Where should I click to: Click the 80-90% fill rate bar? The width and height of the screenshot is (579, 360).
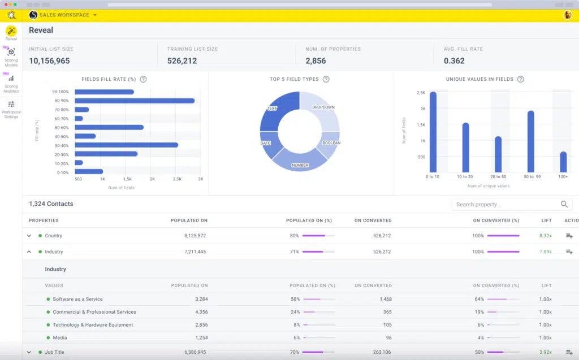[x=135, y=101]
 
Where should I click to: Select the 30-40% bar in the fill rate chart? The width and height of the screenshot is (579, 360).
[x=126, y=145]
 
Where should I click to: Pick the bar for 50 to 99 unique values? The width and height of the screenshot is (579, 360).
[x=531, y=141]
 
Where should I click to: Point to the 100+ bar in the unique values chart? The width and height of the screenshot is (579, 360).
[x=563, y=162]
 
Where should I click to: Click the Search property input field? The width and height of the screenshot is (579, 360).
[x=503, y=204]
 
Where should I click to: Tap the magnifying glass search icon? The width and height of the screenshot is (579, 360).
[x=564, y=204]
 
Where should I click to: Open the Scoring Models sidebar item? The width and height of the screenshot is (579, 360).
[x=11, y=56]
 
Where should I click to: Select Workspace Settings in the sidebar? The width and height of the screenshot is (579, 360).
[x=11, y=109]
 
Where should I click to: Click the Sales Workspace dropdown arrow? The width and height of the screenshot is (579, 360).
[x=95, y=15]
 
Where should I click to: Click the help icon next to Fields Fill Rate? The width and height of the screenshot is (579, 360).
[x=143, y=79]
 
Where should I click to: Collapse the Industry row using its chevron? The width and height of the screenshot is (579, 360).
[x=29, y=251]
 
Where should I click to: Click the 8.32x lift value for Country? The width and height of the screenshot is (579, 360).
[x=545, y=236]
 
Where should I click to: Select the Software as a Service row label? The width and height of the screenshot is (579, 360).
[x=77, y=299]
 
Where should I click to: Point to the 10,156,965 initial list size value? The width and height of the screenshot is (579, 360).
[x=49, y=61]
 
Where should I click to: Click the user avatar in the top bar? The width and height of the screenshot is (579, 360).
[x=567, y=15]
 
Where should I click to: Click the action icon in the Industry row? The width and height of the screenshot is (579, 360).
[x=569, y=251]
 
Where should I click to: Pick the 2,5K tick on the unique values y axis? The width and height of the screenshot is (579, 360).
[x=420, y=92]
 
